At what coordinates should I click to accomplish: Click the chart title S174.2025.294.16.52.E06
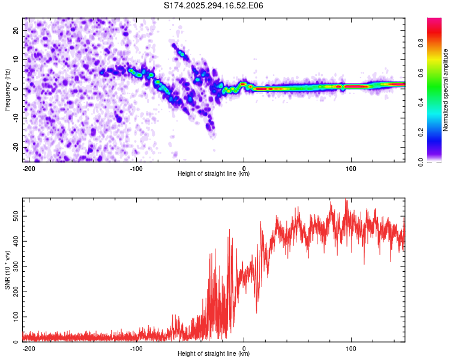pyautogui.click(x=214, y=5)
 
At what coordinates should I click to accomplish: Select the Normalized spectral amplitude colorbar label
pyautogui.click(x=446, y=90)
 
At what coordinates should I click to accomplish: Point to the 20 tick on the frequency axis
pyautogui.click(x=16, y=30)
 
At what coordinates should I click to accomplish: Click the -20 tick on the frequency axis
pyautogui.click(x=15, y=148)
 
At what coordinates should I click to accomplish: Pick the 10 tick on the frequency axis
pyautogui.click(x=16, y=59)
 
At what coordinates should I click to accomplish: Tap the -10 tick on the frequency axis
pyautogui.click(x=15, y=118)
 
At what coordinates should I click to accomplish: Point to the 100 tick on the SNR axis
pyautogui.click(x=14, y=316)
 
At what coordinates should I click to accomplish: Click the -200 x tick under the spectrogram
pyautogui.click(x=28, y=167)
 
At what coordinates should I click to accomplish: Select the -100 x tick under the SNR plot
pyautogui.click(x=136, y=347)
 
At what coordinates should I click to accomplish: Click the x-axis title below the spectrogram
pyautogui.click(x=214, y=174)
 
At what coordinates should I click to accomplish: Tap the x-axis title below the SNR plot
pyautogui.click(x=214, y=354)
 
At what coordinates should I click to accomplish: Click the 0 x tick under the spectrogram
pyautogui.click(x=244, y=167)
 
